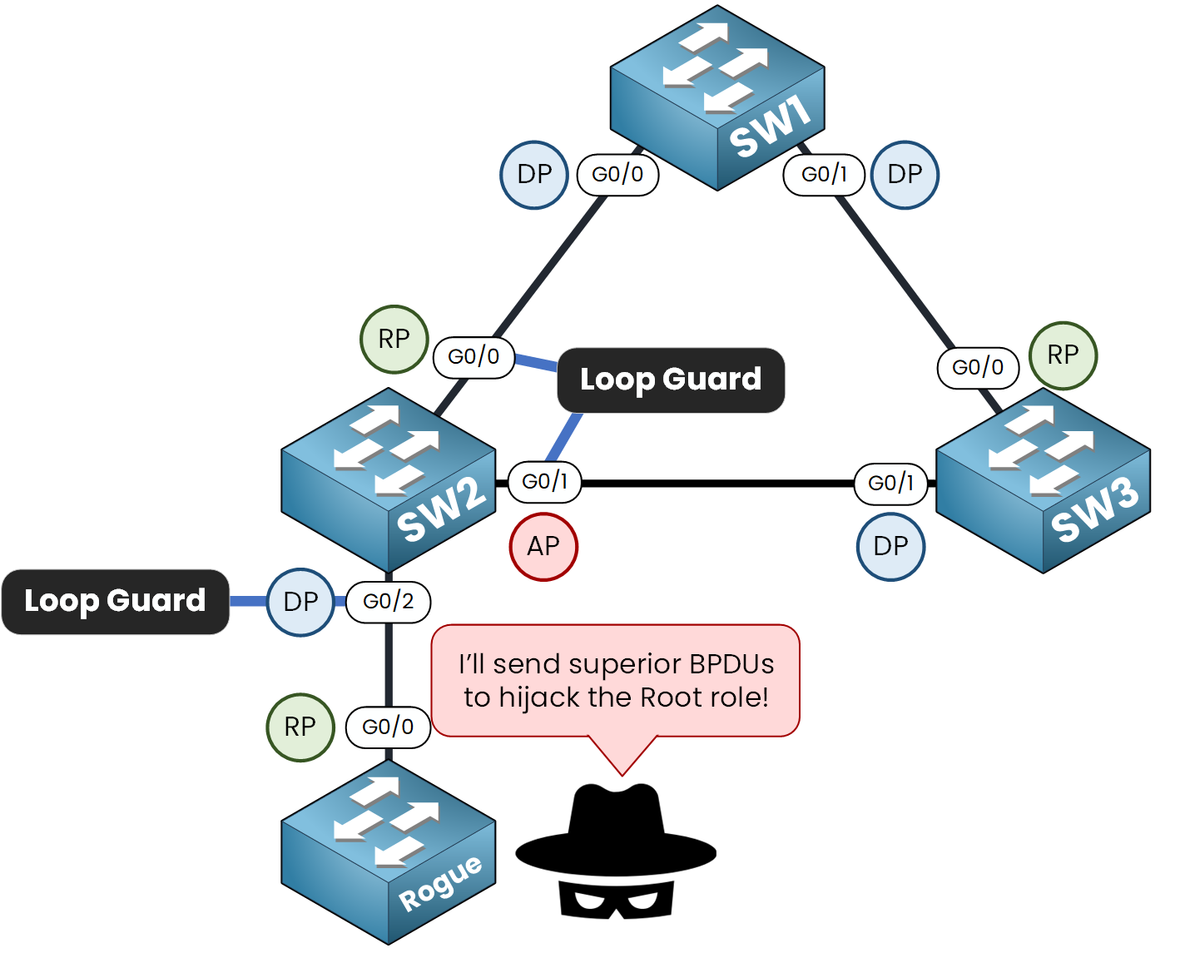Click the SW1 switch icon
[x=717, y=97]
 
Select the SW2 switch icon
[x=389, y=479]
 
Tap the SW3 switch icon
[x=1043, y=480]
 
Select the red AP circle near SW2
[x=543, y=546]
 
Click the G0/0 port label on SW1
[x=617, y=174]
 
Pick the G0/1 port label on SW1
[x=824, y=174]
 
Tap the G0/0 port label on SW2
[x=473, y=357]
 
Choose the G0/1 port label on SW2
[x=544, y=481]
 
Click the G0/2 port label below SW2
[x=389, y=601]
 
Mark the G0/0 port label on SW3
[x=978, y=367]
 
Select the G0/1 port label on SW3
[x=890, y=483]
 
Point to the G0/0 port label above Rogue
[x=388, y=727]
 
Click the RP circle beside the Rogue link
[x=300, y=727]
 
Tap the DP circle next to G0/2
[x=300, y=602]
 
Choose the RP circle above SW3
[x=1063, y=355]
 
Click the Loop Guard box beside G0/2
[x=115, y=601]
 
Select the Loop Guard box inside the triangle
[x=671, y=380]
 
